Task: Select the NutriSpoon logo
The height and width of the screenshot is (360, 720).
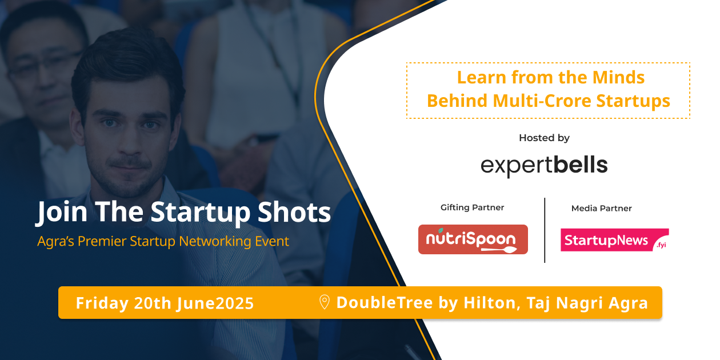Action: click(473, 239)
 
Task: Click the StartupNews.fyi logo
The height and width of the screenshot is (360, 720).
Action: click(614, 241)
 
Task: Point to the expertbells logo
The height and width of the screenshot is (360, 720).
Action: click(544, 165)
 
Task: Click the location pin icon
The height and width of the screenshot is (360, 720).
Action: click(324, 302)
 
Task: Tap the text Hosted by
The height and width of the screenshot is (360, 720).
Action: click(544, 138)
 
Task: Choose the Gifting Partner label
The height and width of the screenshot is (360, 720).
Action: click(472, 207)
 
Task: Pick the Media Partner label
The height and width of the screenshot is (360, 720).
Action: click(601, 209)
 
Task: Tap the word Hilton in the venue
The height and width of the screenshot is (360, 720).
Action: click(488, 302)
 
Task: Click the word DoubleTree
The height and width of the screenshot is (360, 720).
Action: click(385, 302)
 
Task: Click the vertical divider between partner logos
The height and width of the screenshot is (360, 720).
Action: click(545, 230)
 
